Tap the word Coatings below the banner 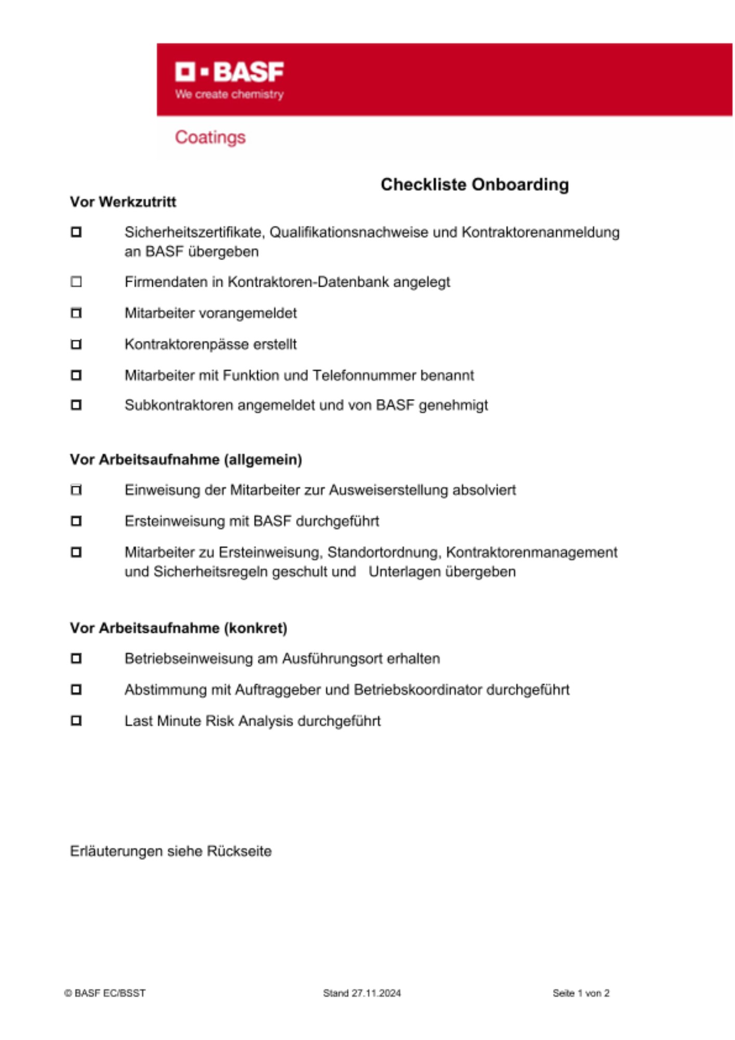[x=210, y=137]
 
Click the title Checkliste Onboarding [x=475, y=185]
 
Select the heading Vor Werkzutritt [x=123, y=202]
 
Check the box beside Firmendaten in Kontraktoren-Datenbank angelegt [x=76, y=282]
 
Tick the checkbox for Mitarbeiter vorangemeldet [x=76, y=313]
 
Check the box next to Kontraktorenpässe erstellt [x=76, y=344]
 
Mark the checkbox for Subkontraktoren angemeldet [x=76, y=405]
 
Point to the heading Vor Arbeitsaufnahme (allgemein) [x=186, y=460]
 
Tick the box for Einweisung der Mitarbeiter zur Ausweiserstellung [x=76, y=490]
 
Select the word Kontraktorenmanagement [x=532, y=552]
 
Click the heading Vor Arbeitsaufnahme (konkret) [x=179, y=628]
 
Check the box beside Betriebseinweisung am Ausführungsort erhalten [x=76, y=658]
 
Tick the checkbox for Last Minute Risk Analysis [x=76, y=721]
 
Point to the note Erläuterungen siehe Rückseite [x=171, y=851]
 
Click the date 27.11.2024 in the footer [x=376, y=993]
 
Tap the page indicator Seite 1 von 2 [x=581, y=993]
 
